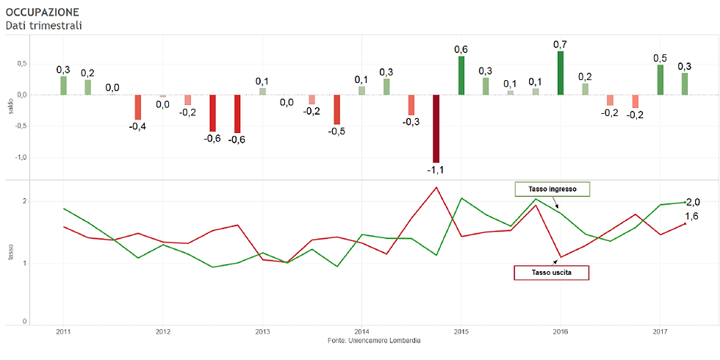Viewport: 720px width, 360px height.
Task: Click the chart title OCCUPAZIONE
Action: tap(42, 12)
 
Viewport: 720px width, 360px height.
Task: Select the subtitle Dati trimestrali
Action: tap(43, 26)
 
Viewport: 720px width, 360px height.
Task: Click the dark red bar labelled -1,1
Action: tap(436, 129)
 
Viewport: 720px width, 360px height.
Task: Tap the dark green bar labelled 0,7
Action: tap(561, 73)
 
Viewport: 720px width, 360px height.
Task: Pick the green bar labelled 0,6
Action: tap(461, 76)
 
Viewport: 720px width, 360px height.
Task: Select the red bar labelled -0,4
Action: tap(137, 107)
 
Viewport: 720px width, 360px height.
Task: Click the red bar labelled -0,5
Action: tap(336, 109)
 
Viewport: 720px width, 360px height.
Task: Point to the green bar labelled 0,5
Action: tap(660, 79)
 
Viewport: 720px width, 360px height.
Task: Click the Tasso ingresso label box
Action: tap(552, 189)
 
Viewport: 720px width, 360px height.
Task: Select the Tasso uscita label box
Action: tap(551, 273)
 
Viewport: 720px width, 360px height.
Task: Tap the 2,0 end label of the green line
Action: tap(692, 201)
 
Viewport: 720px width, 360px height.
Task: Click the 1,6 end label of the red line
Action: tap(691, 216)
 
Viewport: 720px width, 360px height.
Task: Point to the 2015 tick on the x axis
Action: tap(461, 331)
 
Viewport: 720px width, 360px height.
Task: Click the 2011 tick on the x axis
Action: tap(64, 331)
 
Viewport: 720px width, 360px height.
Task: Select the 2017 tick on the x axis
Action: tap(660, 331)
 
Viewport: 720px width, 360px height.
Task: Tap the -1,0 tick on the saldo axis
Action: tap(21, 157)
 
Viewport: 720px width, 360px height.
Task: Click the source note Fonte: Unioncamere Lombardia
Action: tap(375, 341)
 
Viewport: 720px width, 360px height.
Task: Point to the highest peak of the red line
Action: tap(436, 187)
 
